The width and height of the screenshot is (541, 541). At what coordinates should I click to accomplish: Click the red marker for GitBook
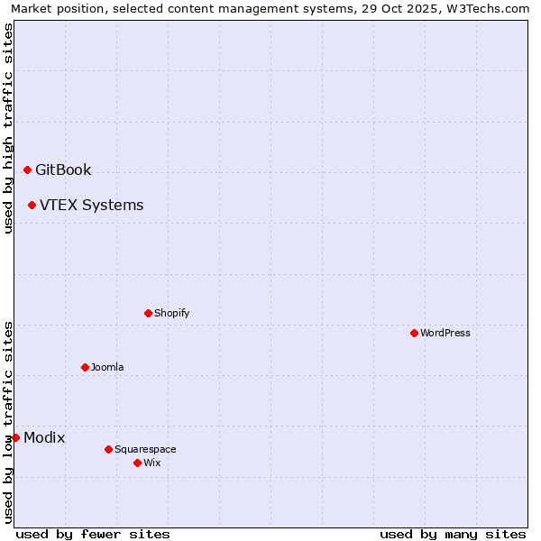pyautogui.click(x=27, y=170)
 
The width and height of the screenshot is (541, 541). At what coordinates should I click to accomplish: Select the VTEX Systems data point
pyautogui.click(x=32, y=206)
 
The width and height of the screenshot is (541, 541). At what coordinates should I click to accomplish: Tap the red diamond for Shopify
pyautogui.click(x=148, y=313)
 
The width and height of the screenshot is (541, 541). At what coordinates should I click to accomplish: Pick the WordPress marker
pyautogui.click(x=414, y=333)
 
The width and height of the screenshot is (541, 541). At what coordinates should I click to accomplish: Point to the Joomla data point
pyautogui.click(x=85, y=367)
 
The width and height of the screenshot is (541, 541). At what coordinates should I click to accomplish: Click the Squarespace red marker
pyautogui.click(x=108, y=449)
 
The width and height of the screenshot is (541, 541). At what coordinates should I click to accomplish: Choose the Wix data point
pyautogui.click(x=137, y=463)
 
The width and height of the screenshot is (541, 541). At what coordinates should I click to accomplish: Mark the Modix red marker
pyautogui.click(x=15, y=438)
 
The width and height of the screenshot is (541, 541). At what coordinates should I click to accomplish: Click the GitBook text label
pyautogui.click(x=63, y=170)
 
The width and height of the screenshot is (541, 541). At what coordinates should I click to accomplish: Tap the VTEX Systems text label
pyautogui.click(x=91, y=206)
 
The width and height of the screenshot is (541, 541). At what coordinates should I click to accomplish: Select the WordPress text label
pyautogui.click(x=445, y=333)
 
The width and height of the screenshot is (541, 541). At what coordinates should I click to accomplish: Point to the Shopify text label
pyautogui.click(x=171, y=313)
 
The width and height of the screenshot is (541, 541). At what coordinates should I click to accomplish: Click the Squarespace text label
pyautogui.click(x=145, y=449)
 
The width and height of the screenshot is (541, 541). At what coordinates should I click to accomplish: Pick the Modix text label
pyautogui.click(x=44, y=438)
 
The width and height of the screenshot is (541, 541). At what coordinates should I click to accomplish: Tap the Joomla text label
pyautogui.click(x=107, y=367)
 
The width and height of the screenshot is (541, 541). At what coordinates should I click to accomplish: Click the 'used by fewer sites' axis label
pyautogui.click(x=93, y=534)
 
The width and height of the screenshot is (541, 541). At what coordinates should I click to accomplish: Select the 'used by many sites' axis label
pyautogui.click(x=453, y=534)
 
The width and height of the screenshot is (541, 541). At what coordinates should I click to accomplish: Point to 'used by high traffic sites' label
pyautogui.click(x=8, y=128)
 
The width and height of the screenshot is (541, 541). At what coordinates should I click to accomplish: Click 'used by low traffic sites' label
pyautogui.click(x=8, y=422)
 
